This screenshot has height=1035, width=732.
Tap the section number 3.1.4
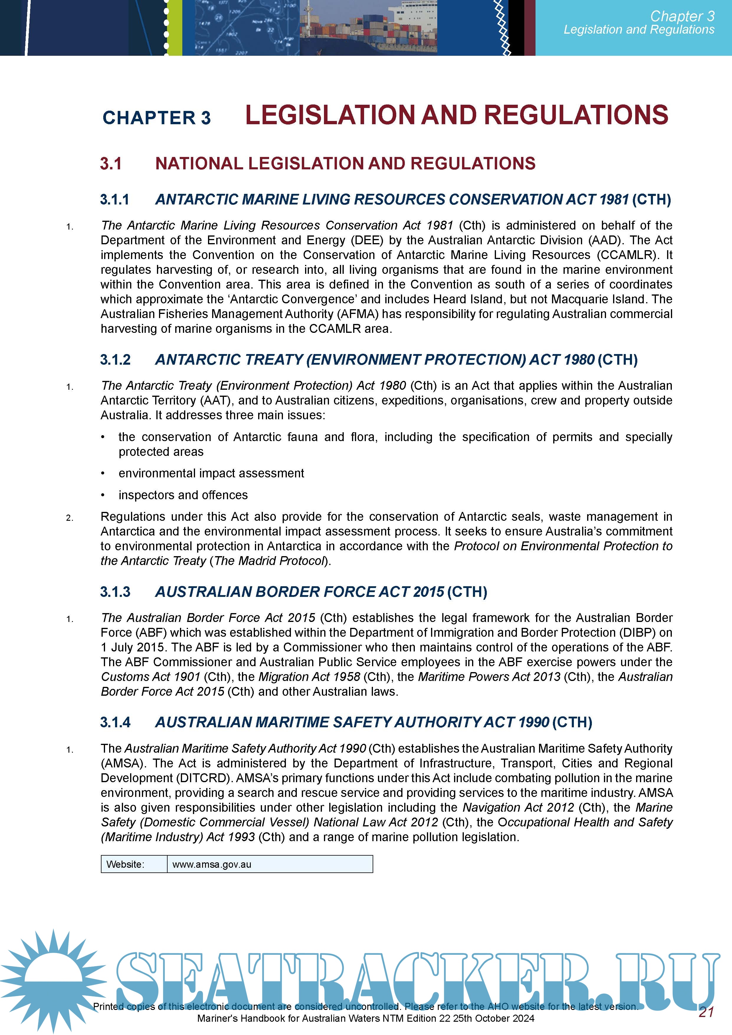[115, 722]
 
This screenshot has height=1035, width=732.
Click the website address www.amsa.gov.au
[212, 864]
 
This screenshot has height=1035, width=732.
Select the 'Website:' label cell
[125, 864]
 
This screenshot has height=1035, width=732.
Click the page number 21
[706, 1012]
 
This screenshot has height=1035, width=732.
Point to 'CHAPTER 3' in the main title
[156, 118]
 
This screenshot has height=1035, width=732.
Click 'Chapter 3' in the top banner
[682, 16]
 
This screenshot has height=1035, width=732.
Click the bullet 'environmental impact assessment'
[211, 473]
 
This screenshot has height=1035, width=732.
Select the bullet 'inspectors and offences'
[183, 495]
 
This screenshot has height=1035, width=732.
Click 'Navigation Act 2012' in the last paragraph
[518, 807]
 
